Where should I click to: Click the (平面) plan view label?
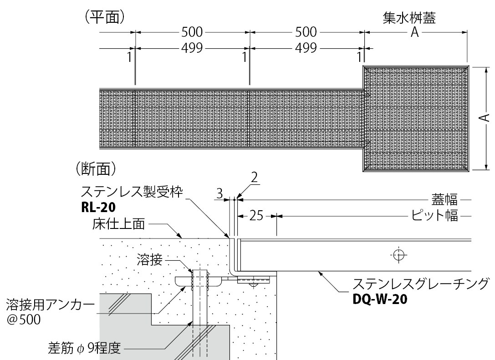tap(102, 17)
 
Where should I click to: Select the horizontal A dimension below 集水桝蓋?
tap(414, 32)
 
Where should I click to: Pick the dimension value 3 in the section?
tap(219, 194)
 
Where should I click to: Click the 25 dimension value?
tap(256, 216)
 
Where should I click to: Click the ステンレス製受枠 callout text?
tap(132, 192)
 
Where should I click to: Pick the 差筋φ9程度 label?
tap(84, 350)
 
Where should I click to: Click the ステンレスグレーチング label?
tap(421, 284)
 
